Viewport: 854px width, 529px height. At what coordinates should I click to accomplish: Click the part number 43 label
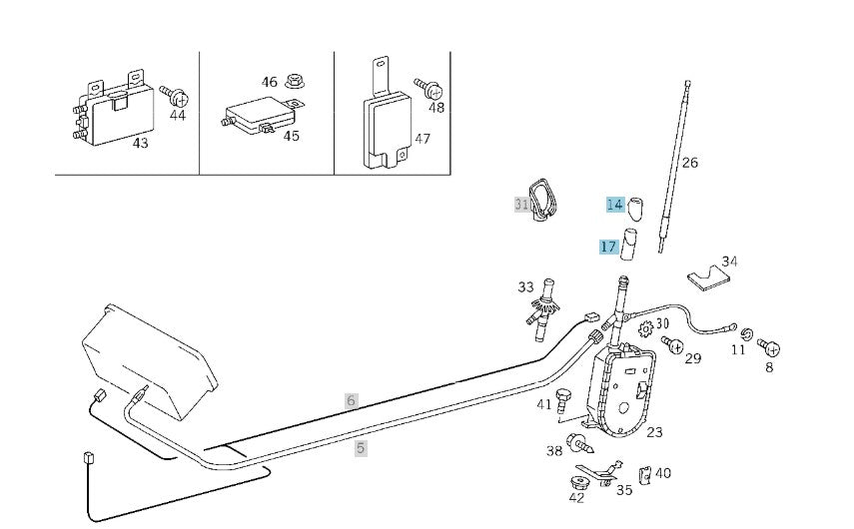pos(141,144)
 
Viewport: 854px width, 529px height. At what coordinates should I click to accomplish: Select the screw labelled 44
pos(178,96)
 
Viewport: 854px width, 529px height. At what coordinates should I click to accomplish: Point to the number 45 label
pos(291,136)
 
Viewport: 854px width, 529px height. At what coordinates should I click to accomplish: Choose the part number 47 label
pos(422,139)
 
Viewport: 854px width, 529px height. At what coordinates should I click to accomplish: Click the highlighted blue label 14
pos(614,205)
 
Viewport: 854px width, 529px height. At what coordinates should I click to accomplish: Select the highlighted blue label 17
pos(608,247)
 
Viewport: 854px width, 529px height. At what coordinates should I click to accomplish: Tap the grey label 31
pos(521,205)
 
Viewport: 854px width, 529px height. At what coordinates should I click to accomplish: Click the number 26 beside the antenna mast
pos(689,163)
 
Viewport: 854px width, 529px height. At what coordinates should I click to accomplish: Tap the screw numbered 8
pos(769,347)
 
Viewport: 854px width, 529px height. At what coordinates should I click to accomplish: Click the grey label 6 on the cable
pos(351,400)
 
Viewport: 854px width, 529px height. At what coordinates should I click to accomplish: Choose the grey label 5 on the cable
pos(361,448)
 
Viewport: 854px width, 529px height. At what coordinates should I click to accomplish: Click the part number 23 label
pos(654,432)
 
